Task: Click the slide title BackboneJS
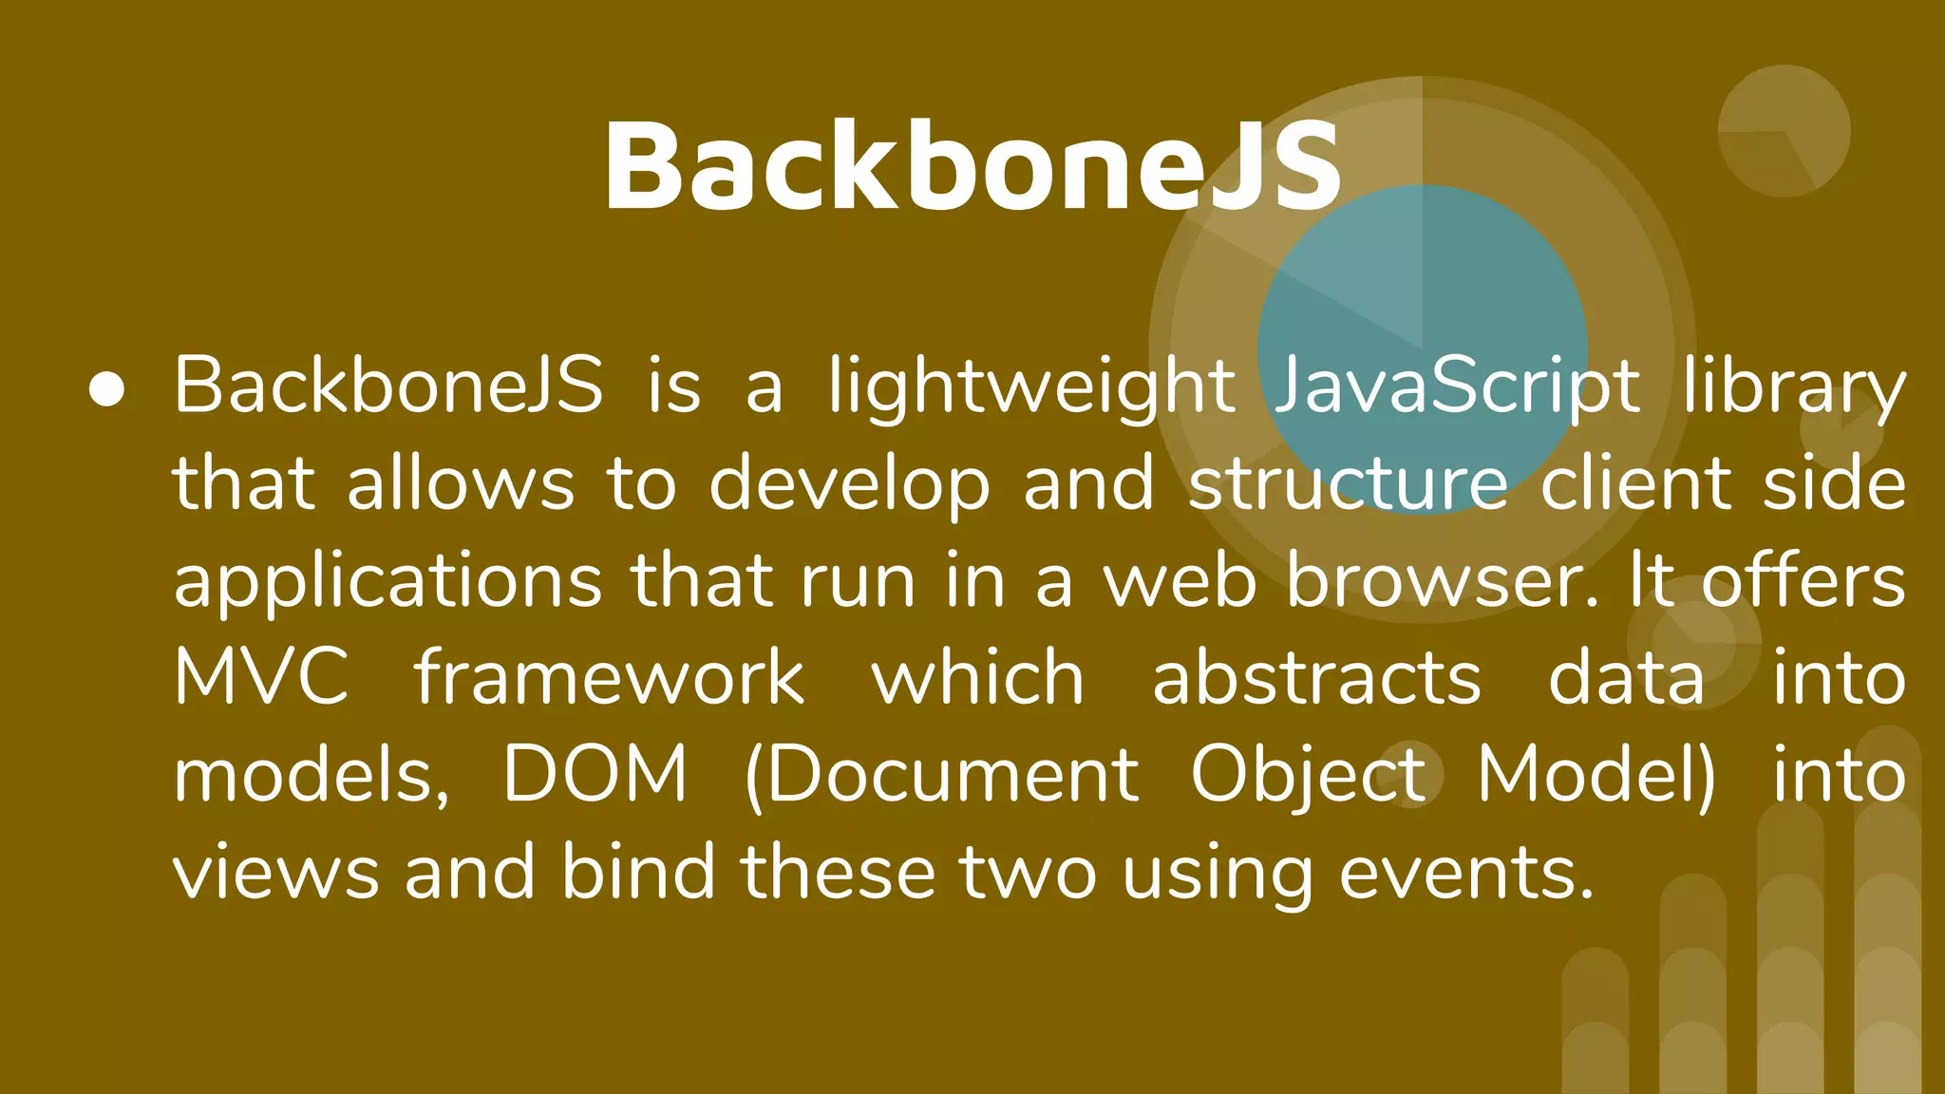972,167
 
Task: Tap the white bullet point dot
107,388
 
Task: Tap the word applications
387,582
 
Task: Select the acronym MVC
261,679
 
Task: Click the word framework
609,679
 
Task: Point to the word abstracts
1316,679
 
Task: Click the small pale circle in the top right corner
1784,131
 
